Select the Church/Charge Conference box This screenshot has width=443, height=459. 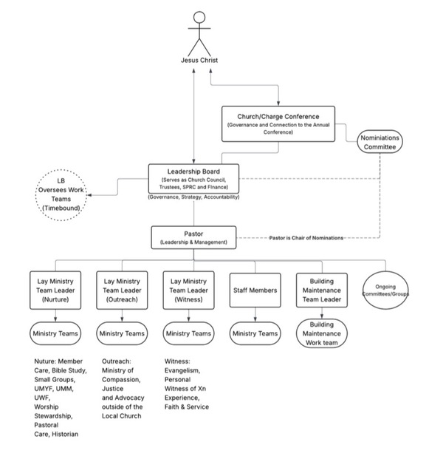coord(278,123)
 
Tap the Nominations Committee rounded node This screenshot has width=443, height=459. coord(380,142)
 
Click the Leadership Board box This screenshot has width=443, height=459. coord(194,178)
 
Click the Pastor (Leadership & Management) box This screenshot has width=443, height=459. coord(194,237)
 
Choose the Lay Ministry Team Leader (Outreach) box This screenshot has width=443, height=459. coord(123,290)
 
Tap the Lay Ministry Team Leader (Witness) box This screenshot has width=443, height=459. coord(189,290)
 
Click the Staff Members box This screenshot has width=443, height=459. coord(255,290)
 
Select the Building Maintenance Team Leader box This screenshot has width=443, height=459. coord(322,290)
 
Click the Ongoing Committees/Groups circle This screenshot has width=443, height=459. coord(386,290)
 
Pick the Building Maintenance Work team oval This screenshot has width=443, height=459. coord(322,335)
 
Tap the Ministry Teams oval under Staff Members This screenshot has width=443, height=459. coord(255,334)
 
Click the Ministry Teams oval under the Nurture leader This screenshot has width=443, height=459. coord(57,334)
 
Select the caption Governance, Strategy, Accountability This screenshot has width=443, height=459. coord(193,197)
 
